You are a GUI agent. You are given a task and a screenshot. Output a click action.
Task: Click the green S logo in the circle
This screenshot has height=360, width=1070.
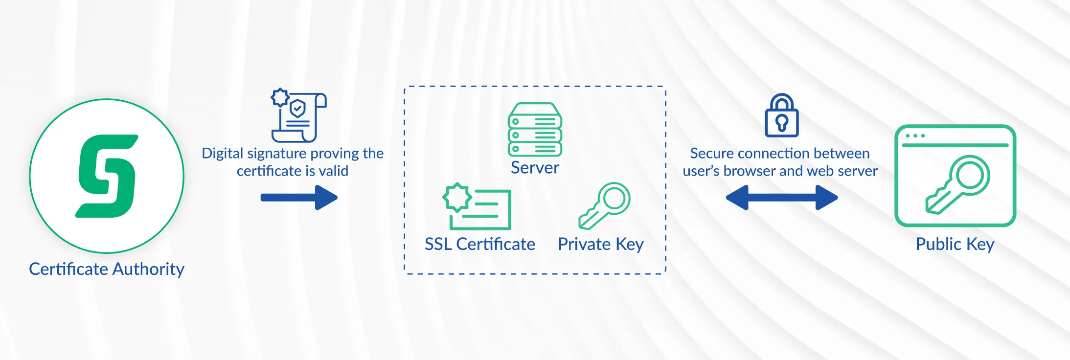(107, 176)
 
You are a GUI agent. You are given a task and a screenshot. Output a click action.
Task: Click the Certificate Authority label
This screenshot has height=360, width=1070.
(107, 269)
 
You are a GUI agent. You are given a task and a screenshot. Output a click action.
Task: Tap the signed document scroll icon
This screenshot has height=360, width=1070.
(299, 115)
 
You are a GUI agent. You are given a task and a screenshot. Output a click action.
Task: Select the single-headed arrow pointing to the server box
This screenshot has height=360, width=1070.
(299, 198)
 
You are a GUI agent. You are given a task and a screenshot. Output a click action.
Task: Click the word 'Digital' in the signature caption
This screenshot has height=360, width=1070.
(223, 154)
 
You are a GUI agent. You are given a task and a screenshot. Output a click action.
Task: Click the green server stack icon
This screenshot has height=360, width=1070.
(535, 129)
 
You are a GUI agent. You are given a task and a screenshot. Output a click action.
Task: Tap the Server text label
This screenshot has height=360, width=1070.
(535, 168)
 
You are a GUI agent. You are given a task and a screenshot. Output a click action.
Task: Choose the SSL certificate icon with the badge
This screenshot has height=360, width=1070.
(477, 206)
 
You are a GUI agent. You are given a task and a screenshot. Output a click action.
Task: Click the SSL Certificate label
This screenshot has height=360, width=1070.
(480, 244)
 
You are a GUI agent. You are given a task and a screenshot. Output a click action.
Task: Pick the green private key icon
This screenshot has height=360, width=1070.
(604, 206)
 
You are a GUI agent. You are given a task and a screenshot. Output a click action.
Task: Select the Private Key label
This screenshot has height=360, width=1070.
(601, 244)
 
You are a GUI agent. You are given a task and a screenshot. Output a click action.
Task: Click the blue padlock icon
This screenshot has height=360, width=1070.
(782, 115)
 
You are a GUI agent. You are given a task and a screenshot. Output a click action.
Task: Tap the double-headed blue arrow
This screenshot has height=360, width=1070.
(782, 198)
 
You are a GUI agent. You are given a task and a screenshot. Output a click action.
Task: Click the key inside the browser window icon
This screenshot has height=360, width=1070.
(957, 185)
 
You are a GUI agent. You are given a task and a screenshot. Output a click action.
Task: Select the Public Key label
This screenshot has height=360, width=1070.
(955, 244)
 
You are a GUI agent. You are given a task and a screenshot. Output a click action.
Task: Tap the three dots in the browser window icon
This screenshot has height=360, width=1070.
(915, 135)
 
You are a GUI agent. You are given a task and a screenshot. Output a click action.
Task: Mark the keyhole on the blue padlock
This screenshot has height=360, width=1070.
(782, 123)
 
